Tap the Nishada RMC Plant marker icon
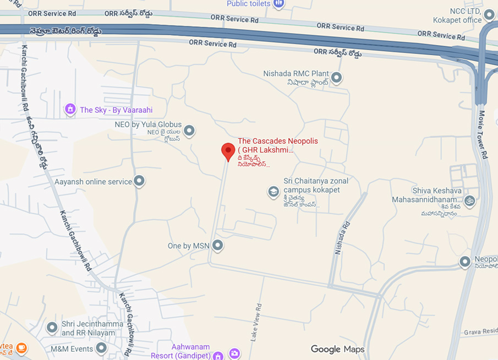coord(337,78)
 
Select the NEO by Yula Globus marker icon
coord(189,131)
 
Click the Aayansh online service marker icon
coord(139,181)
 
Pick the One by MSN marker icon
coord(218,246)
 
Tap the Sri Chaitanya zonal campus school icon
coord(273,192)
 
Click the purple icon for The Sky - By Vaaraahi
coord(70,110)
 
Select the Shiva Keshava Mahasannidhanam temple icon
coord(469,201)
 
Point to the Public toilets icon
coord(278,4)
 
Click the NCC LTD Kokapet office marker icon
coord(489,13)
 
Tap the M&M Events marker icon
coord(101,348)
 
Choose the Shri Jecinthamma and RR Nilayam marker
coord(52,328)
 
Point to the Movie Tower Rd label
coord(483,135)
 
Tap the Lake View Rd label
coord(255,323)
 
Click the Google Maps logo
coord(337,349)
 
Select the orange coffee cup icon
coord(21,348)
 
